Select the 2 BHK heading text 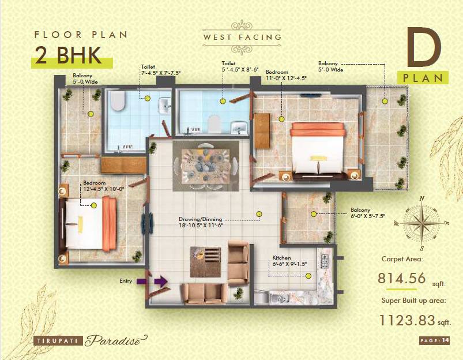pos(68,55)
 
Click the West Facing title pos(242,37)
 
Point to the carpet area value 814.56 pos(402,279)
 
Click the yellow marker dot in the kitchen pos(308,276)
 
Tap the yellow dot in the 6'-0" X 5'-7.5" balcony pos(313,214)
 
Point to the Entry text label pos(126,282)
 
